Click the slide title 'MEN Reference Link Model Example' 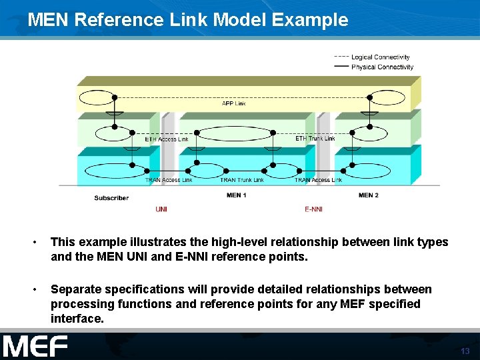tap(187, 19)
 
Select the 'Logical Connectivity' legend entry tap(380, 57)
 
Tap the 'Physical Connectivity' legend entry tap(382, 67)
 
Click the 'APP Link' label tap(233, 103)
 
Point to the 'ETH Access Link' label tap(167, 139)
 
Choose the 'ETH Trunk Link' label tap(315, 139)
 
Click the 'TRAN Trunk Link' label tap(242, 180)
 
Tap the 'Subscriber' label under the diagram tap(111, 198)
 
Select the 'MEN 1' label tap(237, 195)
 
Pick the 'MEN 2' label tap(369, 195)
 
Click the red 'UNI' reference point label tap(161, 209)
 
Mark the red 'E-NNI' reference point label tap(313, 209)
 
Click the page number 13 tap(465, 351)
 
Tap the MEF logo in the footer tap(35, 347)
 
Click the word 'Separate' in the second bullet tap(77, 289)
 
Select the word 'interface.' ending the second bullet tap(77, 319)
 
